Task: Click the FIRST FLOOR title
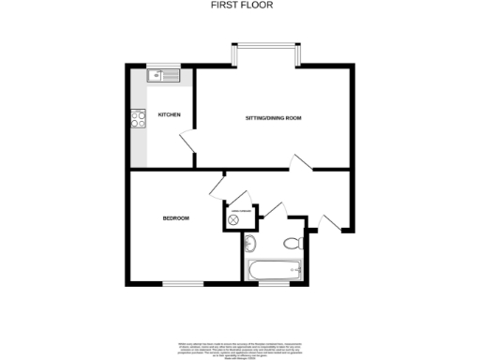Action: point(239,5)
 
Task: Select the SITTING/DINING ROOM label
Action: point(273,117)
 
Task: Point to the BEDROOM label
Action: point(176,218)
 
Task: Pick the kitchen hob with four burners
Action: point(139,119)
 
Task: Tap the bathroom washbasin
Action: point(249,245)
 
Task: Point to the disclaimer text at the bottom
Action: point(239,347)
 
